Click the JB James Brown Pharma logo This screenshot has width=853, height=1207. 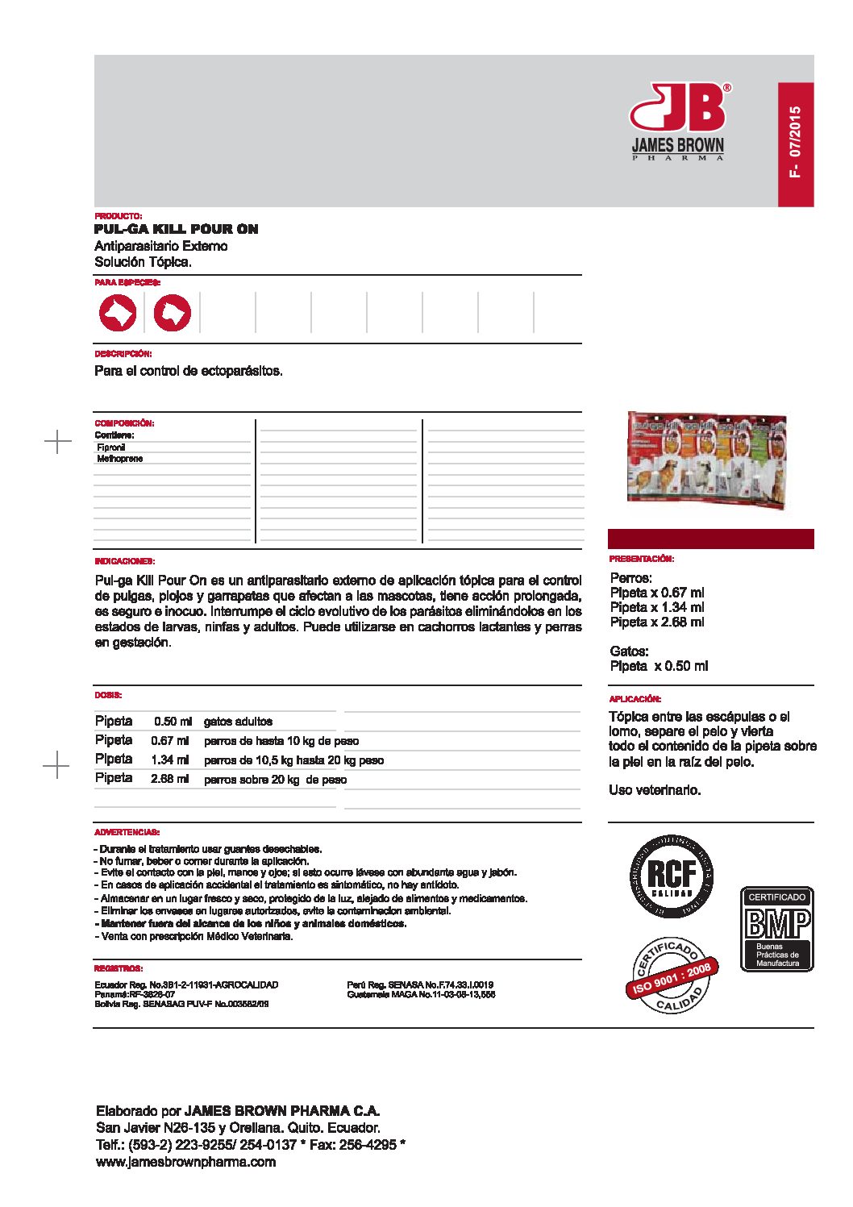tap(678, 121)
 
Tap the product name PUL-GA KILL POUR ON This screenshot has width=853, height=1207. tap(177, 229)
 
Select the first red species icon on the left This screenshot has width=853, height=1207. tap(118, 313)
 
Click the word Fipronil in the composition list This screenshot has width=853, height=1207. tap(111, 447)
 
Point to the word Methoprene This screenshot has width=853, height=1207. tap(120, 459)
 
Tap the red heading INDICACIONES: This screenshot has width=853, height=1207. tap(125, 561)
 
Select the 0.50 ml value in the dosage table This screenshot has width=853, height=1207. tap(173, 722)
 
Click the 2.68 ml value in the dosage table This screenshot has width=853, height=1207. tap(169, 780)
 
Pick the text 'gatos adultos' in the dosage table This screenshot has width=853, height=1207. tap(238, 722)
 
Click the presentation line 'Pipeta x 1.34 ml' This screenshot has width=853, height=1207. tap(657, 607)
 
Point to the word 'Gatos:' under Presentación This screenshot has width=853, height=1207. tap(629, 651)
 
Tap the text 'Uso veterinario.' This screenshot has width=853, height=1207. tap(655, 790)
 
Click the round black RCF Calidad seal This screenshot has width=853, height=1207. tap(672, 875)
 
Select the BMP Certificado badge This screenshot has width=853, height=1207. tap(777, 929)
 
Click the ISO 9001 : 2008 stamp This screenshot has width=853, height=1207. tap(672, 976)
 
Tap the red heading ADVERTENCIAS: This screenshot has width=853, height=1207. tap(127, 832)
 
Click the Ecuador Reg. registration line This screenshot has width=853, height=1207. tap(186, 984)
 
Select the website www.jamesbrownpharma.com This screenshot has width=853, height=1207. tap(185, 1162)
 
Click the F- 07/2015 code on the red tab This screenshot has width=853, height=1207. tap(795, 143)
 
